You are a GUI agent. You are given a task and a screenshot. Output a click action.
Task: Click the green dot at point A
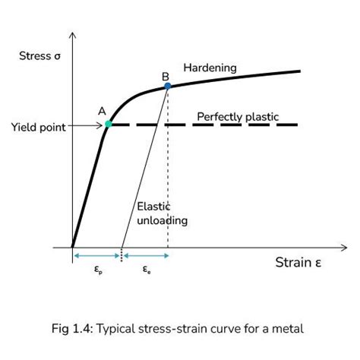[109, 125]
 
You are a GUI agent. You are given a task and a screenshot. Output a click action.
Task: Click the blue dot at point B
[168, 86]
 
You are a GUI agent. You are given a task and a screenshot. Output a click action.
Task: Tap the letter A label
[102, 111]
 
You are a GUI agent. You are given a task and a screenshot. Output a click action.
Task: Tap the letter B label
[166, 76]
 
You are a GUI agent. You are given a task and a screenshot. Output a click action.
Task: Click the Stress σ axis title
[39, 56]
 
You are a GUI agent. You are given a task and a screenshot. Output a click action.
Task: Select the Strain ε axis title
[298, 263]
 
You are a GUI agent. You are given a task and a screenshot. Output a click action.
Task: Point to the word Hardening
[210, 68]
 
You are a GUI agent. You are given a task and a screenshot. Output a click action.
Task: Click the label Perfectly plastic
[238, 117]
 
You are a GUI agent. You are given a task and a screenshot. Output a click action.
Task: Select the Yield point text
[39, 127]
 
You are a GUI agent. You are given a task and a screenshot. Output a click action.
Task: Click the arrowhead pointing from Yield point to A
[100, 125]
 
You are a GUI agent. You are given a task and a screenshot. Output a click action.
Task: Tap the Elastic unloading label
[163, 213]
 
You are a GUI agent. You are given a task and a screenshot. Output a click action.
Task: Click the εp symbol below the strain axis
[98, 270]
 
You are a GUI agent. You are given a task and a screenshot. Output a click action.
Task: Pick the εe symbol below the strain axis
[147, 270]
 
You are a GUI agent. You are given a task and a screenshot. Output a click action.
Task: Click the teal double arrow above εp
[96, 256]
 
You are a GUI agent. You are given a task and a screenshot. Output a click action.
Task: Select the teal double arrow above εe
[146, 256]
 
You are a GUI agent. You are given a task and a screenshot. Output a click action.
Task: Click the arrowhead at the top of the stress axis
[73, 35]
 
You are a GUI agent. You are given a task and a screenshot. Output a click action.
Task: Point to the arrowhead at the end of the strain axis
[344, 248]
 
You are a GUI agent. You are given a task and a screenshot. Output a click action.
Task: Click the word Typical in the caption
[116, 330]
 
